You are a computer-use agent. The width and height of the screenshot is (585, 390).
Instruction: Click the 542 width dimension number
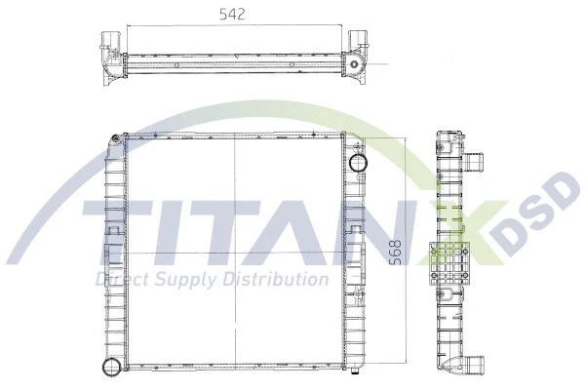[x=231, y=14]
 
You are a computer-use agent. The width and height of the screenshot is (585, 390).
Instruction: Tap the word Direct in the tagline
[x=115, y=281]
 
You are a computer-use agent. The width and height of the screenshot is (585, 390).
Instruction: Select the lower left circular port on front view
[x=110, y=368]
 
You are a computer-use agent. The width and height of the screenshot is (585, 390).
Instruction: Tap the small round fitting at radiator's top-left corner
[x=116, y=138]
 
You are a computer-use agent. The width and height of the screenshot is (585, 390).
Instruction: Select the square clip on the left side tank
[x=113, y=234]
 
